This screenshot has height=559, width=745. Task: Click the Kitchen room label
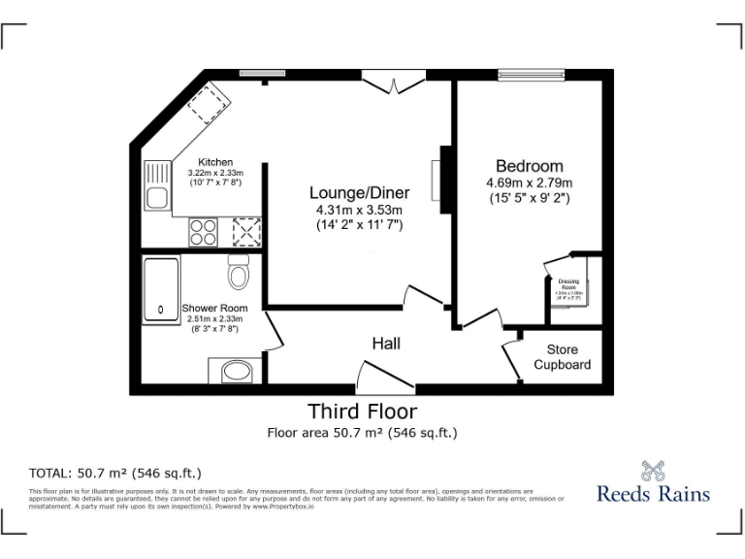pyautogui.click(x=214, y=162)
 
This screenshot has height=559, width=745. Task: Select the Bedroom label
pyautogui.click(x=529, y=166)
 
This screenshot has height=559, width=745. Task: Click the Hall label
pyautogui.click(x=385, y=344)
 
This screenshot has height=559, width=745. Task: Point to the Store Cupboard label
pyautogui.click(x=562, y=357)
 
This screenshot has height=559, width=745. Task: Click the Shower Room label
pyautogui.click(x=214, y=309)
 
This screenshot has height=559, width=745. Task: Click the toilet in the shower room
pyautogui.click(x=239, y=274)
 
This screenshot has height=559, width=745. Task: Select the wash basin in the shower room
pyautogui.click(x=234, y=371)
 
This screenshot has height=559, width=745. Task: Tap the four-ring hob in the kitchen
pyautogui.click(x=204, y=232)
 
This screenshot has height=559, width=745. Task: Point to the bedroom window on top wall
pyautogui.click(x=531, y=74)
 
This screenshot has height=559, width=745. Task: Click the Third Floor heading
pyautogui.click(x=362, y=411)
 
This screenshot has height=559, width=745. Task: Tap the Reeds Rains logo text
pyautogui.click(x=653, y=493)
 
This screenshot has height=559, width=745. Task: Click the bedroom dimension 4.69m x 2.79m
pyautogui.click(x=529, y=182)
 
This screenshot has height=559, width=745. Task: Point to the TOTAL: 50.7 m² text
pyautogui.click(x=115, y=474)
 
